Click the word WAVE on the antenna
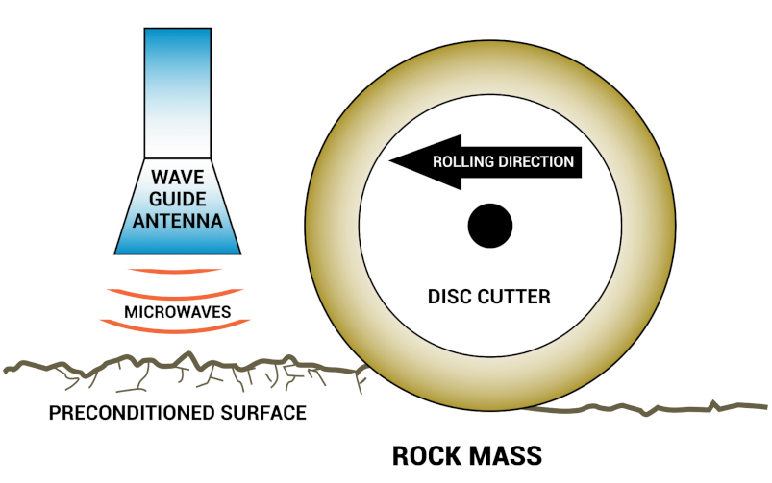177,178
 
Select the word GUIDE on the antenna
177,199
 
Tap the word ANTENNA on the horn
177,221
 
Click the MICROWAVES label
177,312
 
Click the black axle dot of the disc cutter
489,226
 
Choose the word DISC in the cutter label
448,297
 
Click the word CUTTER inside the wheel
517,297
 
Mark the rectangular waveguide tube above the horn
177,91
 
